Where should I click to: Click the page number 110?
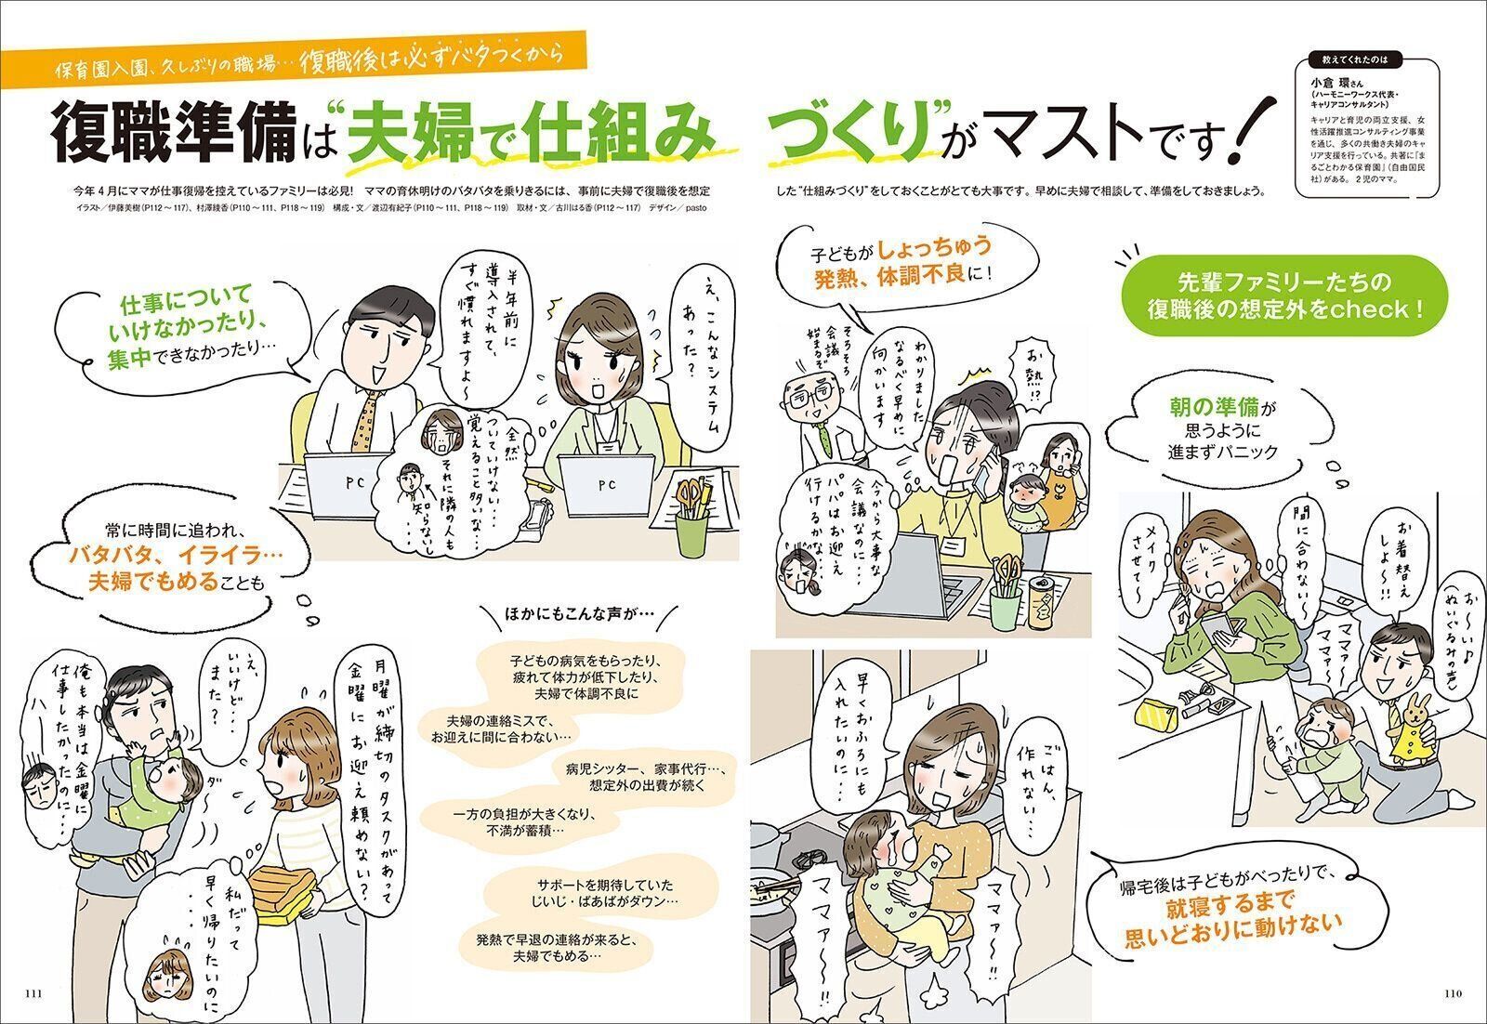click(1454, 992)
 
